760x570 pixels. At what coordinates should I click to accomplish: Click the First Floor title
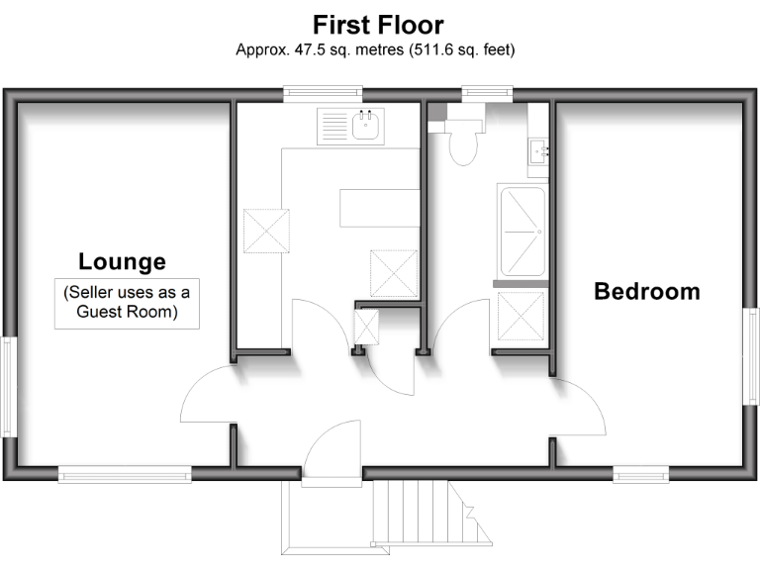(379, 24)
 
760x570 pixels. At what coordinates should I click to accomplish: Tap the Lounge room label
(122, 262)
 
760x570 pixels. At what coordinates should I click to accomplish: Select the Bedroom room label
(646, 292)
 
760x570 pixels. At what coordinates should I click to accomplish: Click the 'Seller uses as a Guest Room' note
(126, 304)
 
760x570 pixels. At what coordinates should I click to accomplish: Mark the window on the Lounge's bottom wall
(125, 475)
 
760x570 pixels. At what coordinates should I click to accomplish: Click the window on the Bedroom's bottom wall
(640, 475)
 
